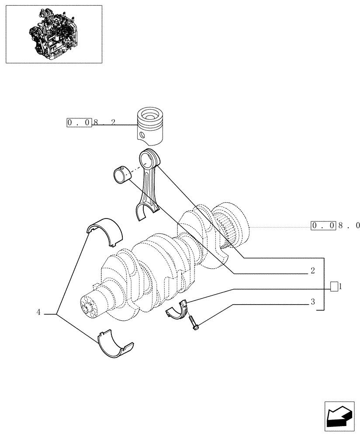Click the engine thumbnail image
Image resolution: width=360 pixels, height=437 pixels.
[x=53, y=34]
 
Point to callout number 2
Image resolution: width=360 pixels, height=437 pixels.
[x=312, y=271]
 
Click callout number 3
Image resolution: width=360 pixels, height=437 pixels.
[x=312, y=302]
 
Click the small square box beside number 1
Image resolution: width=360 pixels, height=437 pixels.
[x=334, y=287]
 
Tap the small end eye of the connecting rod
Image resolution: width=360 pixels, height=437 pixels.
[x=148, y=157]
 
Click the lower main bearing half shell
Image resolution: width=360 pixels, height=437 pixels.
[x=114, y=345]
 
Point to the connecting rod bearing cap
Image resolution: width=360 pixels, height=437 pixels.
[x=177, y=309]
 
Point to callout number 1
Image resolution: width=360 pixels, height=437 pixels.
[x=340, y=287]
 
